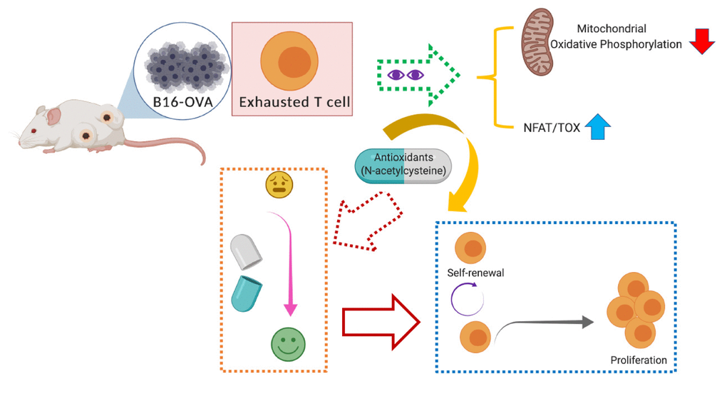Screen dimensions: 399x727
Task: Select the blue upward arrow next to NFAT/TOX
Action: click(598, 128)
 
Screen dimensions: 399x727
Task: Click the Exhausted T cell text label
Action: click(294, 102)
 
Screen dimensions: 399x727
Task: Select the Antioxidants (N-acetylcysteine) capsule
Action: click(403, 166)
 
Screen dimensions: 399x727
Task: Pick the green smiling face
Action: click(287, 344)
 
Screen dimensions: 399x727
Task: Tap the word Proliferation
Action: click(639, 360)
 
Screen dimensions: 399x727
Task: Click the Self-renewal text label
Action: click(475, 273)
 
